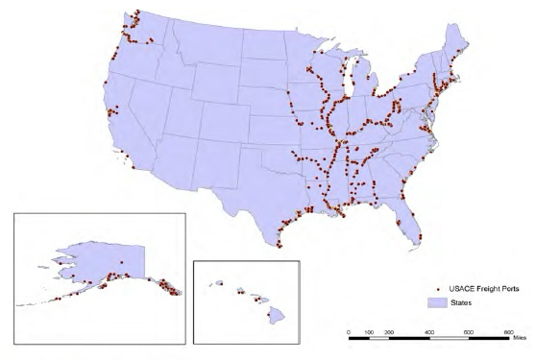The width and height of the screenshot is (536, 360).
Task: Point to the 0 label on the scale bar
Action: (x=349, y=331)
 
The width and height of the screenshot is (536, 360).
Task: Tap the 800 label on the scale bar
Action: (x=509, y=331)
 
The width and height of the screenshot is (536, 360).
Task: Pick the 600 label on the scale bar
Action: (x=469, y=331)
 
